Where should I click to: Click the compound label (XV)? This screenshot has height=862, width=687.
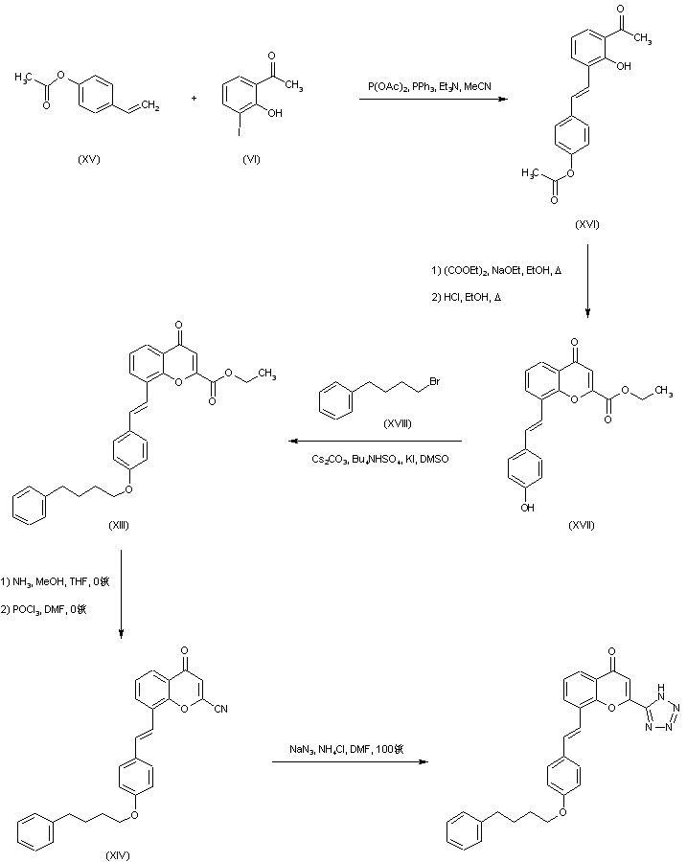click(88, 159)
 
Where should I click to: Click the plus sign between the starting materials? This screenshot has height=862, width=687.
click(194, 97)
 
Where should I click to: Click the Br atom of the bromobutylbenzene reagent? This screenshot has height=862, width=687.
click(433, 383)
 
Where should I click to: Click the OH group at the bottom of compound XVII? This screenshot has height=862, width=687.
click(529, 507)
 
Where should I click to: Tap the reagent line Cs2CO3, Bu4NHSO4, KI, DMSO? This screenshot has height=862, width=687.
click(380, 459)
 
